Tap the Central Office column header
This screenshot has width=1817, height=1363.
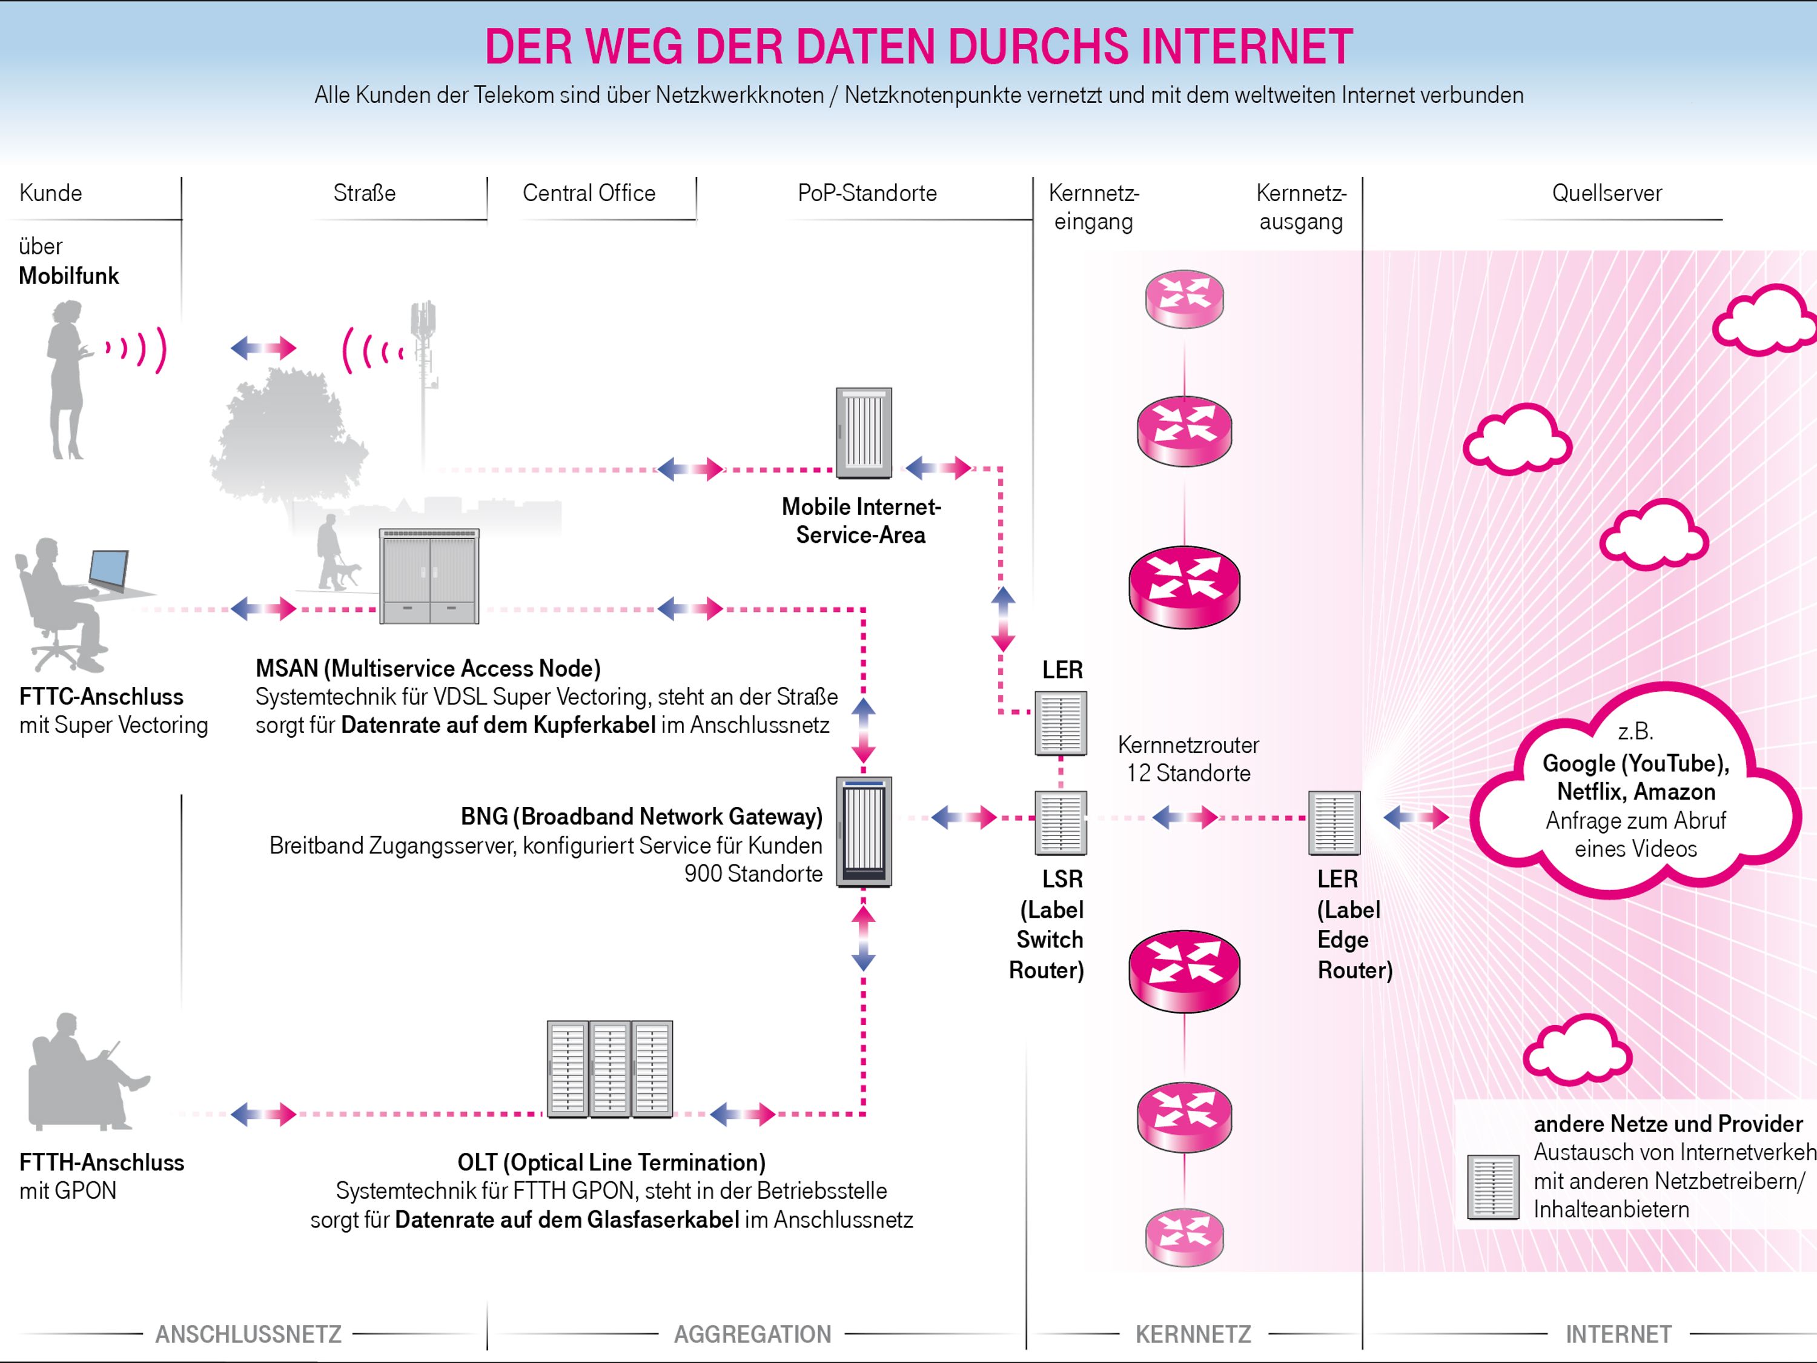pyautogui.click(x=589, y=193)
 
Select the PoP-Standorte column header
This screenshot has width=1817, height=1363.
pyautogui.click(x=867, y=193)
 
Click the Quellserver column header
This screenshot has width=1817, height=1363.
pyautogui.click(x=1606, y=193)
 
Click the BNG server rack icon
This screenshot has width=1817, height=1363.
pyautogui.click(x=863, y=832)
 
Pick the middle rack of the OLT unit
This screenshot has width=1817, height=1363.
pyautogui.click(x=609, y=1069)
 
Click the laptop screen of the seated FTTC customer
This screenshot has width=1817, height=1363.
pyautogui.click(x=108, y=569)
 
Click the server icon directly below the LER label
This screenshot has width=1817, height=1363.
pyautogui.click(x=1060, y=723)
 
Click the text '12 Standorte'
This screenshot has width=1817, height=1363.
pyautogui.click(x=1188, y=773)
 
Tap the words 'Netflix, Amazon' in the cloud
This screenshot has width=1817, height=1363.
pyautogui.click(x=1635, y=791)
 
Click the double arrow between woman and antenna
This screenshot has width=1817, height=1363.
pyautogui.click(x=263, y=348)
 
